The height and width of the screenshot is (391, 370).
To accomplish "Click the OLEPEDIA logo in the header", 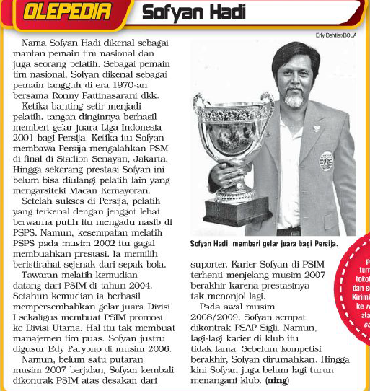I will click(58, 12).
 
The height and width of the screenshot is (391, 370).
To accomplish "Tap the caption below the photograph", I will click(263, 244).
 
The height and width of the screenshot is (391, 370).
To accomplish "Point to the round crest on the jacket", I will click(326, 160).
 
